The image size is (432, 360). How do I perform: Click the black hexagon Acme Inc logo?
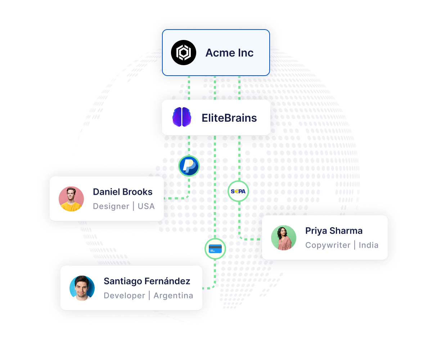coord(183,53)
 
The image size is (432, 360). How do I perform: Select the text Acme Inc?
coord(229,53)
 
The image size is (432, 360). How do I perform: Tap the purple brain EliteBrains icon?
coord(182,117)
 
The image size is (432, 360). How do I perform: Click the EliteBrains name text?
coord(229,118)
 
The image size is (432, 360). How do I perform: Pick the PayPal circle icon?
coord(189,166)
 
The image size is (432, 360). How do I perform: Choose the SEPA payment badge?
coord(238,192)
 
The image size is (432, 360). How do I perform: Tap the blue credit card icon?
coord(215,249)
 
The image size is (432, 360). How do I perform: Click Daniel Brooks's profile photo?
coord(71,199)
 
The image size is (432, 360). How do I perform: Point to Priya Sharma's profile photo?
coord(283,238)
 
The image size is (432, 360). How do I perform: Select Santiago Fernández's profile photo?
coord(82,288)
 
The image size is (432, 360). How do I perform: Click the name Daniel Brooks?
coord(123,192)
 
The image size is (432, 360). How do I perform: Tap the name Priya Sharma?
coord(334,231)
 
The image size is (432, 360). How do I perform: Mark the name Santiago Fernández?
coord(147,281)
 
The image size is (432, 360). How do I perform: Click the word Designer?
coord(111,206)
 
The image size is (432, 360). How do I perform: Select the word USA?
coord(146,206)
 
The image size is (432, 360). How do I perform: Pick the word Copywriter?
coord(328,245)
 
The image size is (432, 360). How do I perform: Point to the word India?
coord(369,245)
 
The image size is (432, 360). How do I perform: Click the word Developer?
coord(124,296)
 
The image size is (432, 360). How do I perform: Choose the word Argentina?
coord(173,296)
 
